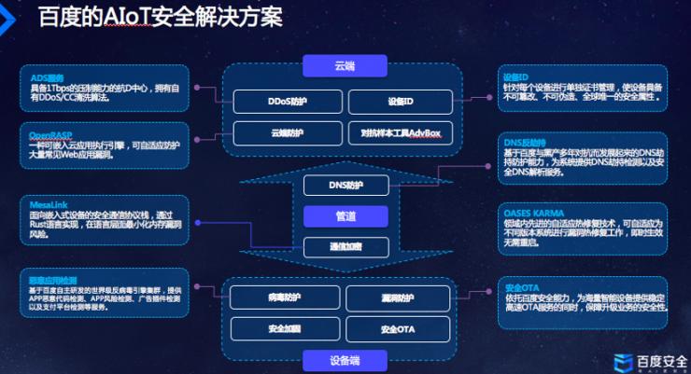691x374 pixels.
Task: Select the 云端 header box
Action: point(345,66)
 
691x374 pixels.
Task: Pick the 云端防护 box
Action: point(286,133)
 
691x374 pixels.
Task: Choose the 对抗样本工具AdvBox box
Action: point(401,133)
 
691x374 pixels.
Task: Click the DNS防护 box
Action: point(345,185)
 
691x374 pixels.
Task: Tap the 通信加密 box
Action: point(345,246)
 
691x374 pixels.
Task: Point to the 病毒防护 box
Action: point(286,298)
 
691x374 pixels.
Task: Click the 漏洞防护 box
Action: point(401,298)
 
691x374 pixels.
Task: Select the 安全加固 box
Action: point(286,329)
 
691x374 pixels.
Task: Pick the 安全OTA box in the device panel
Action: point(401,329)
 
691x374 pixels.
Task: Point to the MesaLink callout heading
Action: point(47,202)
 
